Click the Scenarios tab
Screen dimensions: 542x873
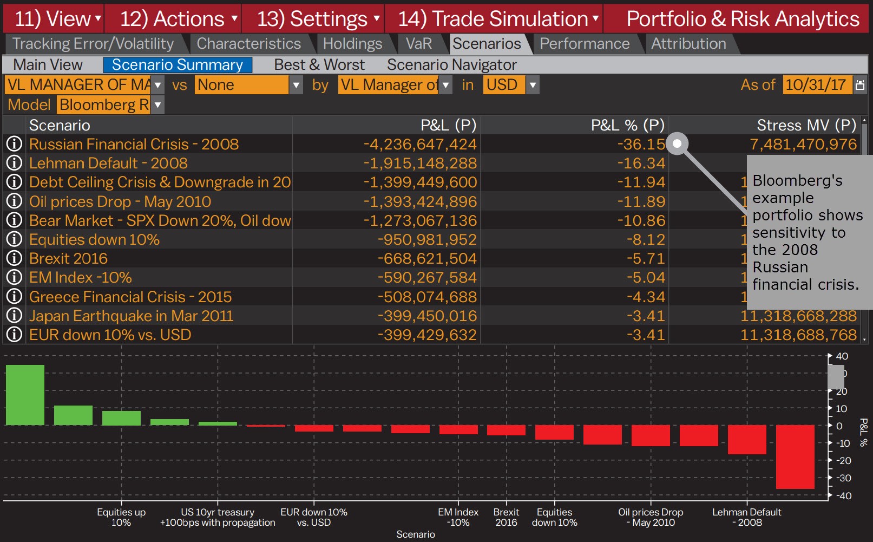pos(486,43)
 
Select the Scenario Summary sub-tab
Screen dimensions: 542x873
pos(177,65)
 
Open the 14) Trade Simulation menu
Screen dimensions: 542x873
pos(493,19)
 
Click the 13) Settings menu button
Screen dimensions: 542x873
pos(312,19)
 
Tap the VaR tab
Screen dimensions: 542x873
pos(418,43)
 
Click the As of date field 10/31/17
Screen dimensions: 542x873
pos(816,85)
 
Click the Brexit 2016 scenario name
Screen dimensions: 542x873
pos(68,258)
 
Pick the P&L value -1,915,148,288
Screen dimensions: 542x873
pos(420,163)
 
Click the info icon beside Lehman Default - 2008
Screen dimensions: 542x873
pos(14,163)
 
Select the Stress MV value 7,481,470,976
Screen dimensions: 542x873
pos(803,144)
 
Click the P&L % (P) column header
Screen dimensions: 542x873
pos(627,125)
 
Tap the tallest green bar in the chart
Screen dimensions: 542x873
pos(25,395)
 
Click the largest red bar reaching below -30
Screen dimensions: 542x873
pos(795,456)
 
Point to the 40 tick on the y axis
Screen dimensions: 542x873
pos(842,356)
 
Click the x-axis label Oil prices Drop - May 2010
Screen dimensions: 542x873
pos(651,517)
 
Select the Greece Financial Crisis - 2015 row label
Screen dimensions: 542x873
pos(130,297)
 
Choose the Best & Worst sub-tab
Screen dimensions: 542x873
pos(319,65)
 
